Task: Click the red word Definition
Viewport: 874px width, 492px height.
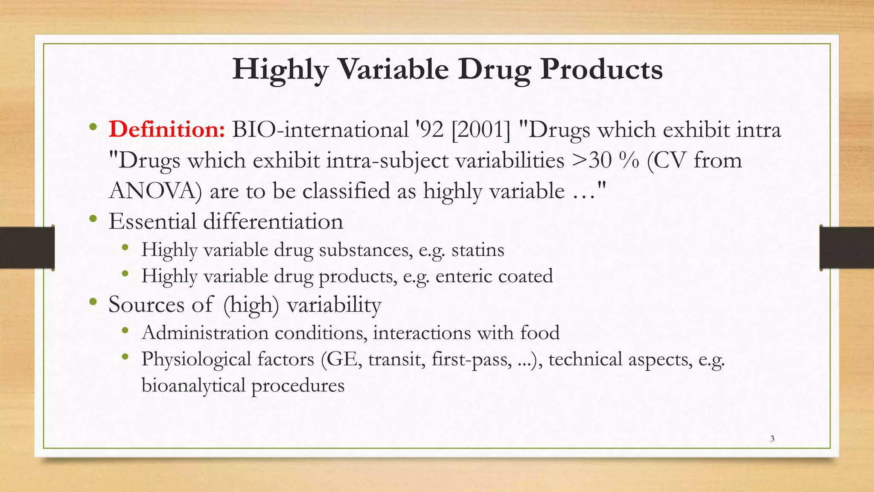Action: [166, 129]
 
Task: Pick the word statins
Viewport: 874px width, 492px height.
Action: [478, 249]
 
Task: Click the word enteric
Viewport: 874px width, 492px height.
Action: [463, 276]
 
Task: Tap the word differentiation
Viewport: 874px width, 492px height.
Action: [273, 222]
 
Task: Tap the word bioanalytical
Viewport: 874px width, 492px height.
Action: [193, 386]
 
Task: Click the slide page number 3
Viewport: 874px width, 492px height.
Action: [772, 439]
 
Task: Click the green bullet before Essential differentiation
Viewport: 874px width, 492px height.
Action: [93, 220]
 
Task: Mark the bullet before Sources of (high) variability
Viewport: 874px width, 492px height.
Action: [93, 302]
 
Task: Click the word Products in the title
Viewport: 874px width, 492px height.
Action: [601, 69]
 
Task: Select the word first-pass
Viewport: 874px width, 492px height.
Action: [472, 359]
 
